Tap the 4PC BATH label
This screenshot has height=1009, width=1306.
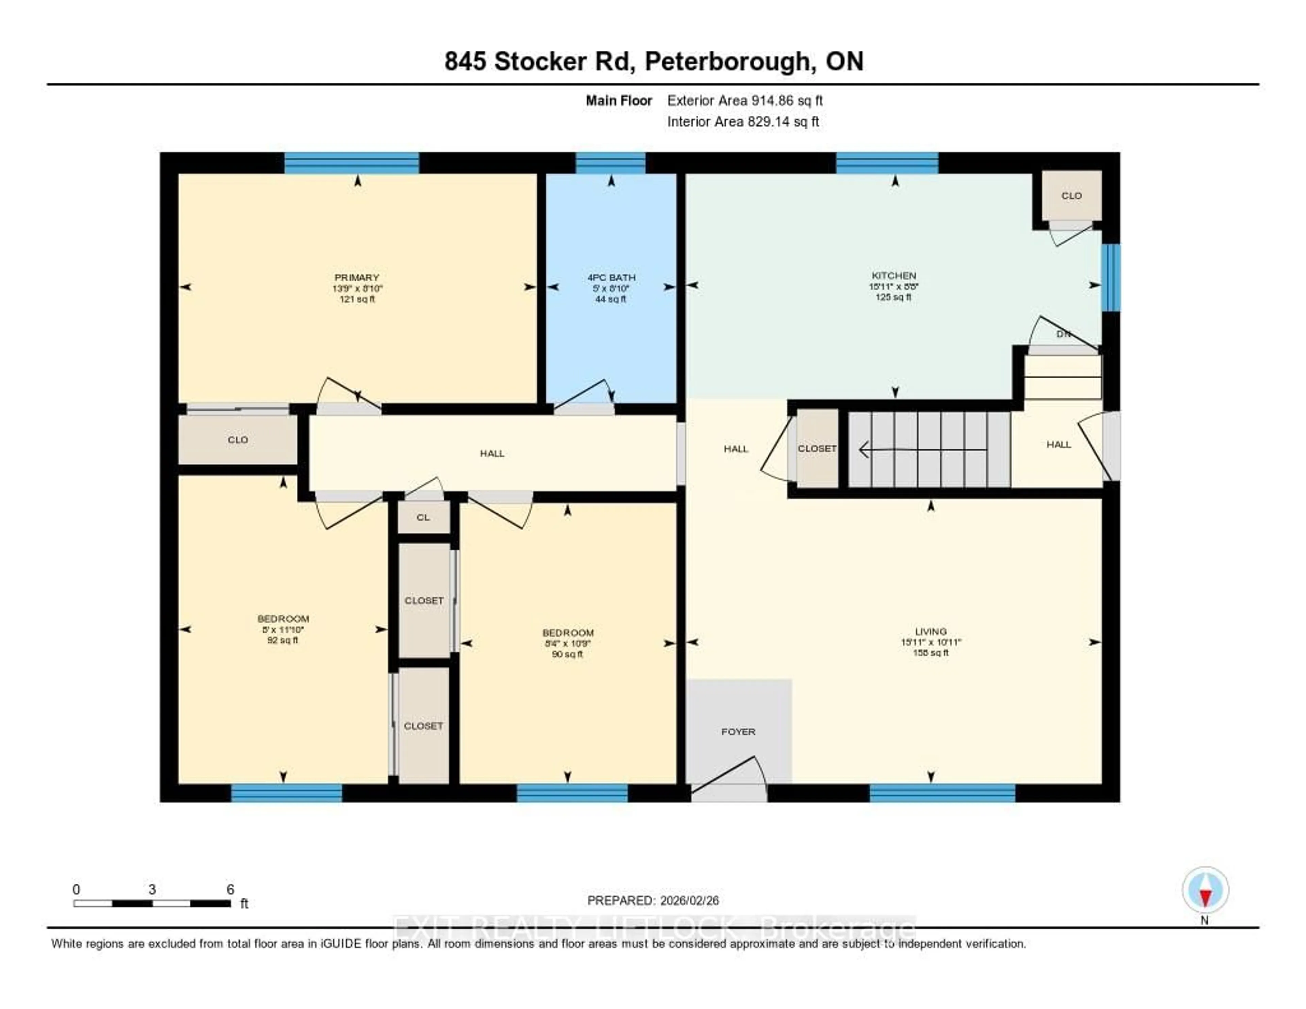[610, 278]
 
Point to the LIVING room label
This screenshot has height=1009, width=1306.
[931, 632]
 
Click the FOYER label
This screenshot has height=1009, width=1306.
[738, 731]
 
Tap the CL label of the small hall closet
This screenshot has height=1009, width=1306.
[423, 517]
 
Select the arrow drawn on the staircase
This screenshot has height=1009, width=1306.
[921, 449]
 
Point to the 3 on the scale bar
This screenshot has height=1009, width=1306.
[152, 889]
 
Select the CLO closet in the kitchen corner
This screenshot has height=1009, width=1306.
[1071, 196]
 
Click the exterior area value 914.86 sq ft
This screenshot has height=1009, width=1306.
[744, 100]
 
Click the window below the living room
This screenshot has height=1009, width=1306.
[942, 793]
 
